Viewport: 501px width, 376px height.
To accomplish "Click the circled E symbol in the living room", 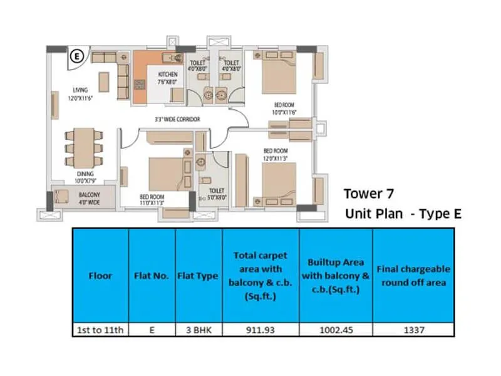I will (78, 55).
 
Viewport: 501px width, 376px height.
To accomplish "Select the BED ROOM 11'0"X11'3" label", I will (152, 200).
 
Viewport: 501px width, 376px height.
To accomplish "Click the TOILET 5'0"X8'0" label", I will (217, 193).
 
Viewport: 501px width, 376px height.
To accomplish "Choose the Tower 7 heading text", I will (369, 194).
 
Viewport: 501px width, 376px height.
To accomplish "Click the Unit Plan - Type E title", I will (403, 214).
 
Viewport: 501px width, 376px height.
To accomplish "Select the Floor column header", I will (100, 275).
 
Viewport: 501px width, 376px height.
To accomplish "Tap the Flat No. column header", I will (152, 275).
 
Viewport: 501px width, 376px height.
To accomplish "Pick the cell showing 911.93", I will (260, 330).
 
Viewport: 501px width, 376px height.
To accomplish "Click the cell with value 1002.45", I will (336, 330).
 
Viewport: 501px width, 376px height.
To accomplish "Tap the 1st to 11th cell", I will (100, 330).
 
